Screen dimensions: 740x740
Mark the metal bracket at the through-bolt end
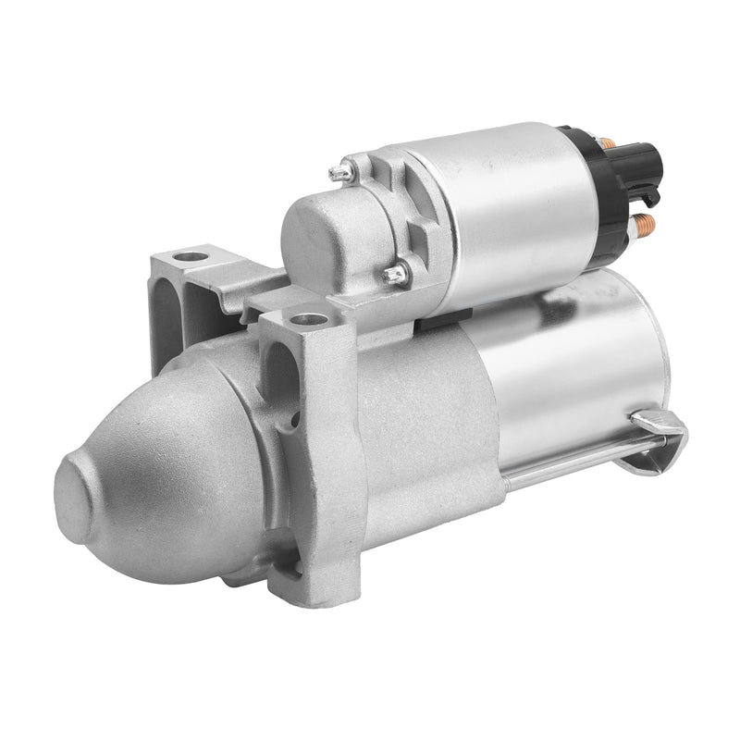coord(660,427)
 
